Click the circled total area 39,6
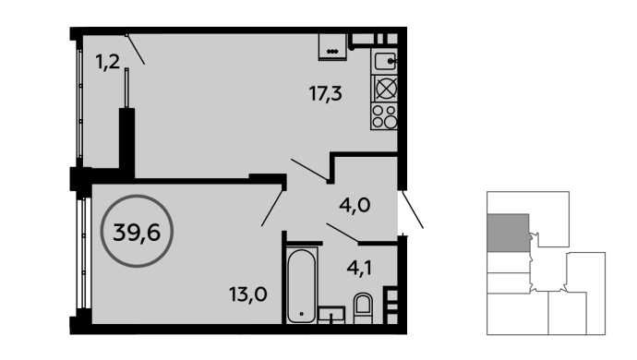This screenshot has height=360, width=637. pos(137,232)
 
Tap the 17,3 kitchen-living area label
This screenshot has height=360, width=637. pos(325,94)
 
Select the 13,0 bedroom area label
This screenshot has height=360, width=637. pos(247,294)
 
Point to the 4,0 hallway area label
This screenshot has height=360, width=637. pos(355,205)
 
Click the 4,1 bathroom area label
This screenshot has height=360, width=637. pos(359,268)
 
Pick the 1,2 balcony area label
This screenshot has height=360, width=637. pos(108,62)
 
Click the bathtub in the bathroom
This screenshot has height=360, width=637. pos(302,285)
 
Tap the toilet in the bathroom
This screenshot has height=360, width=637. pos(363,308)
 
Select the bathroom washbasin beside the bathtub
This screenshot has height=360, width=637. pos(331,315)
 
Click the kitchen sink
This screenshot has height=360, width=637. pos(384,61)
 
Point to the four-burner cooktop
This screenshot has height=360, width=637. pos(384,116)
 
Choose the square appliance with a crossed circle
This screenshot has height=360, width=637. pos(384,89)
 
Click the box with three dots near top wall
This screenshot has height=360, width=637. pos(332,47)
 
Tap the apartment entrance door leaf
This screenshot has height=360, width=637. pos(413,210)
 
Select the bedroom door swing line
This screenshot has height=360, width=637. pos(272,208)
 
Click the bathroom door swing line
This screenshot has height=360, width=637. pos(343,233)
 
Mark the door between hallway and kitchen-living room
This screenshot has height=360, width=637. pos(309,170)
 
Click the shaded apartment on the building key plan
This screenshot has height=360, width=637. pos(509,233)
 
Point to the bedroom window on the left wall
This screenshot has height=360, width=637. pos(83,253)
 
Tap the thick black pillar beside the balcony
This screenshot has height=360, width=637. pos(126,142)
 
